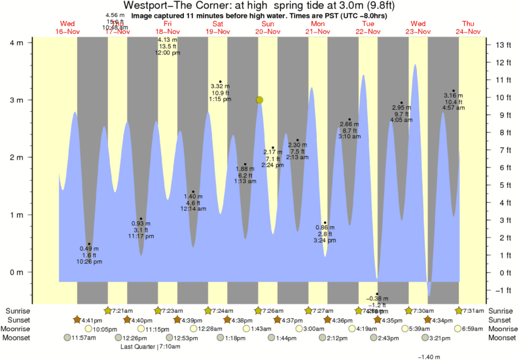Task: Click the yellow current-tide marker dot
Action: [x=260, y=99]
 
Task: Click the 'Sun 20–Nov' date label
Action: [x=268, y=28]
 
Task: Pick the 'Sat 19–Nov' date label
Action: [x=217, y=28]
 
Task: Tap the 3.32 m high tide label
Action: [x=220, y=86]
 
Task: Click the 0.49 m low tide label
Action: [x=90, y=249]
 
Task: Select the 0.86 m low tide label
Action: [x=325, y=227]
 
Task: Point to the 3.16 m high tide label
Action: [x=454, y=96]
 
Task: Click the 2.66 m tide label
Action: [x=349, y=124]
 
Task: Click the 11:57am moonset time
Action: [x=83, y=338]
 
